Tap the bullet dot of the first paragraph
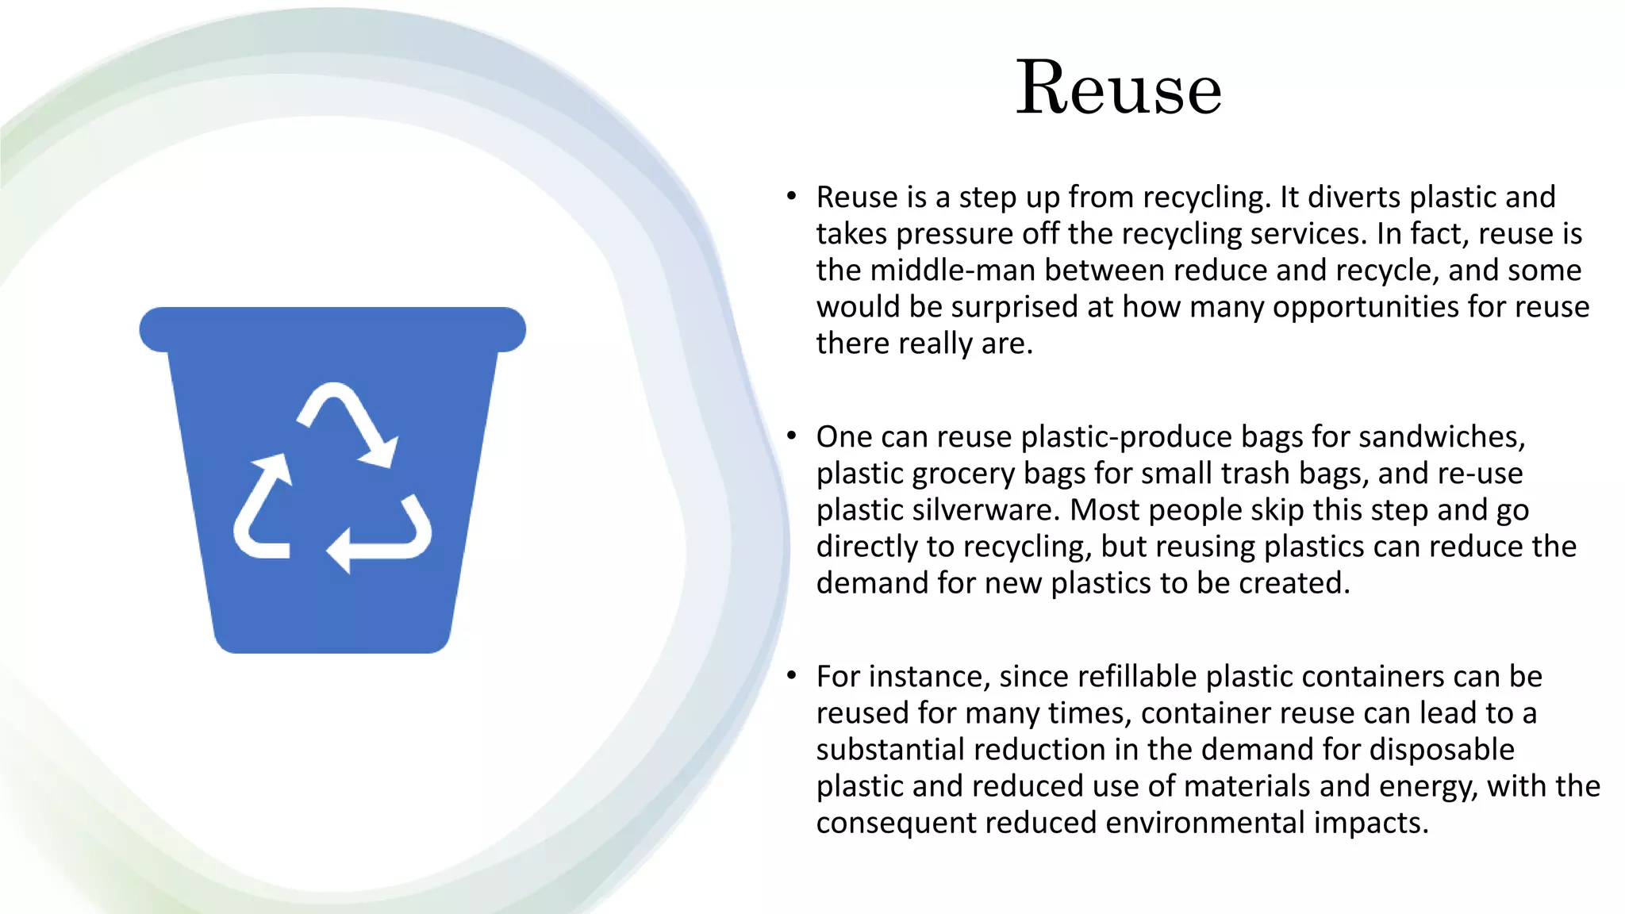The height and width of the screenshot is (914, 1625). click(x=791, y=196)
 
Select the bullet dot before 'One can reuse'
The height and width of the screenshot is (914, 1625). click(x=791, y=436)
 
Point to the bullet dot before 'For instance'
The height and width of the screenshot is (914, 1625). click(x=791, y=675)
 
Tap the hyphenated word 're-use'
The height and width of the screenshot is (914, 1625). click(x=1479, y=474)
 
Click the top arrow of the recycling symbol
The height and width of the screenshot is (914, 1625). click(x=348, y=421)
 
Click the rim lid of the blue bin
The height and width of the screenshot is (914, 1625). click(x=332, y=328)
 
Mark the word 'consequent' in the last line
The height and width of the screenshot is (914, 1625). click(x=896, y=823)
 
